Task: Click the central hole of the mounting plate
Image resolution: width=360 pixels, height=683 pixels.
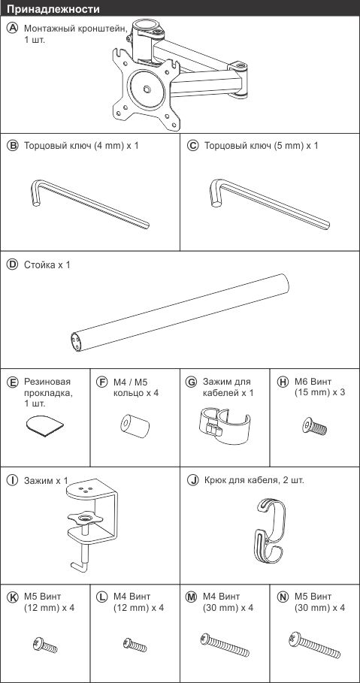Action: tap(147, 89)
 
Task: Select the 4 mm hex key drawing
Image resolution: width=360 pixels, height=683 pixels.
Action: tap(89, 204)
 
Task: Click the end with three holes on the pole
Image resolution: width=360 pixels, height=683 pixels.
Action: tap(76, 341)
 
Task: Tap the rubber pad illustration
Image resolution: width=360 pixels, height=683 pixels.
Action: tap(44, 426)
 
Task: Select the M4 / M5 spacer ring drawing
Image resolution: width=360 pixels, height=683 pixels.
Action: tap(135, 425)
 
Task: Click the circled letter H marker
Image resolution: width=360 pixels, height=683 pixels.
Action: tap(283, 382)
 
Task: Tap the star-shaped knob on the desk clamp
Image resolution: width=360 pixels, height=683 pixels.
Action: tap(85, 518)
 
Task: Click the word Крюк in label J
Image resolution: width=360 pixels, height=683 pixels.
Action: tap(214, 480)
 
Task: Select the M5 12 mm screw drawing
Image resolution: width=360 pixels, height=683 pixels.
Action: tap(44, 644)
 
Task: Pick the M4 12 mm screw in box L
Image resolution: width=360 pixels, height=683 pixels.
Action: tap(135, 644)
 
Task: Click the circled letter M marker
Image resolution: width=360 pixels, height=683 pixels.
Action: tap(192, 597)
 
